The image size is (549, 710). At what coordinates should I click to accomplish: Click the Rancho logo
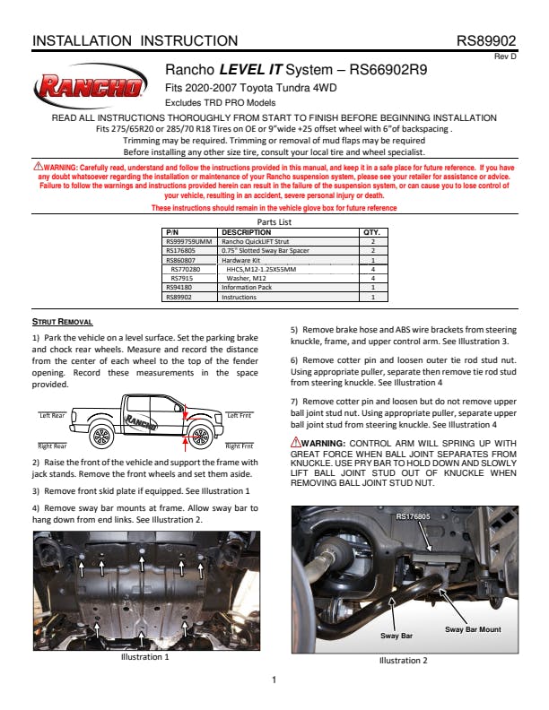point(91,87)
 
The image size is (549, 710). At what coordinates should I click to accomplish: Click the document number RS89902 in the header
point(485,41)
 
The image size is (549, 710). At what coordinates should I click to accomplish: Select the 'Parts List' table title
point(274,221)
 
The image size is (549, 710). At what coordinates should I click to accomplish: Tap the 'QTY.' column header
point(371,231)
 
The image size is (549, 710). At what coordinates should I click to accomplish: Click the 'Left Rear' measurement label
point(52,416)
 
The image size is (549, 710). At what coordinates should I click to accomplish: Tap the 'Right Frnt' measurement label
point(239,446)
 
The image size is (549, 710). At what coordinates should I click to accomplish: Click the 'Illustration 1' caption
point(144,656)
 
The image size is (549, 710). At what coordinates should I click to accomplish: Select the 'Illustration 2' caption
point(403,661)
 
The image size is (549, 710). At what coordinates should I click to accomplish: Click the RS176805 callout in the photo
point(413,517)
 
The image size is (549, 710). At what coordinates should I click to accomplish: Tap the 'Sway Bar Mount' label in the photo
point(473,629)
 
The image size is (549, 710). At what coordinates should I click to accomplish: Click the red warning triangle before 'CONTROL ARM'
point(296,443)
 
